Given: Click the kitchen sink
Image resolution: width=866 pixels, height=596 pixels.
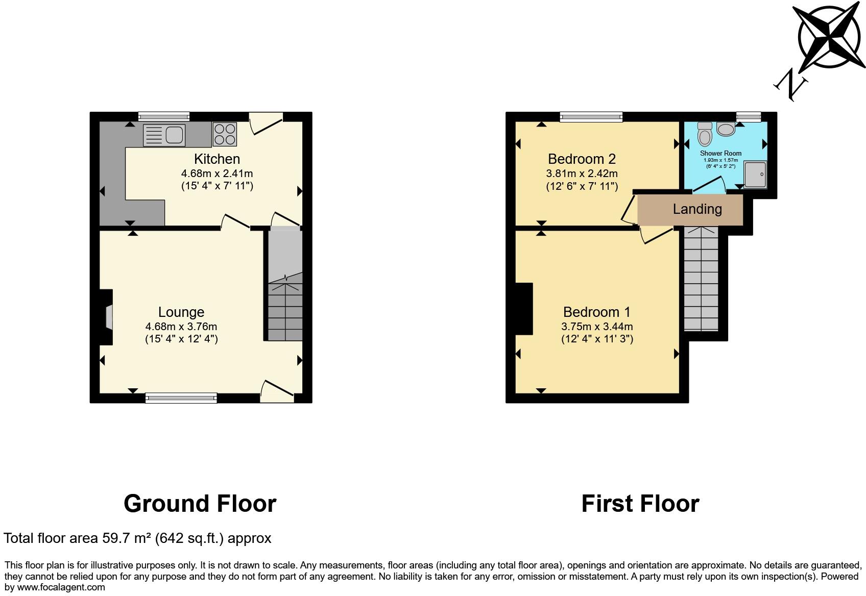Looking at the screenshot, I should (164, 135).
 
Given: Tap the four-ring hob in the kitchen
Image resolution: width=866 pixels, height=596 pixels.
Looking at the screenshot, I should (225, 134).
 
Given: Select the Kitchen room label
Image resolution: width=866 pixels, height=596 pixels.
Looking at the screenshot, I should (217, 159).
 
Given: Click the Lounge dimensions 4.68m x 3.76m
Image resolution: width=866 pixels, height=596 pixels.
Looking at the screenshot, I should (181, 327).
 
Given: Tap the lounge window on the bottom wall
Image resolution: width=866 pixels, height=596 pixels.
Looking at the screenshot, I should (181, 398).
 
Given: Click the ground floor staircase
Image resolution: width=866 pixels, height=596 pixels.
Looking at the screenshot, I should (285, 309).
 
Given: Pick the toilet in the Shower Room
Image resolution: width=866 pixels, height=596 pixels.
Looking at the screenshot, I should (705, 135).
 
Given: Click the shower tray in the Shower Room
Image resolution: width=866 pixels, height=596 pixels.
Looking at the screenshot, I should (755, 175).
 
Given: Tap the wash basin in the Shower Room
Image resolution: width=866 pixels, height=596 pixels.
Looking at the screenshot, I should (726, 129).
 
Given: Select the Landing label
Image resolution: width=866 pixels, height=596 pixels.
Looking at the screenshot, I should (697, 209).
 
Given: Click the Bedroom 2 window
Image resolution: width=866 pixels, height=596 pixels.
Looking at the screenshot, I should (591, 117).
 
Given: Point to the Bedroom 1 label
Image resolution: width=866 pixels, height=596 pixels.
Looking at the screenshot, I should (597, 312).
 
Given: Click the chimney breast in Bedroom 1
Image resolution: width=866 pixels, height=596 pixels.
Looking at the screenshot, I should (524, 309).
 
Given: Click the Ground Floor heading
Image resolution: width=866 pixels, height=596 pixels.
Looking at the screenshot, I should (200, 504).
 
